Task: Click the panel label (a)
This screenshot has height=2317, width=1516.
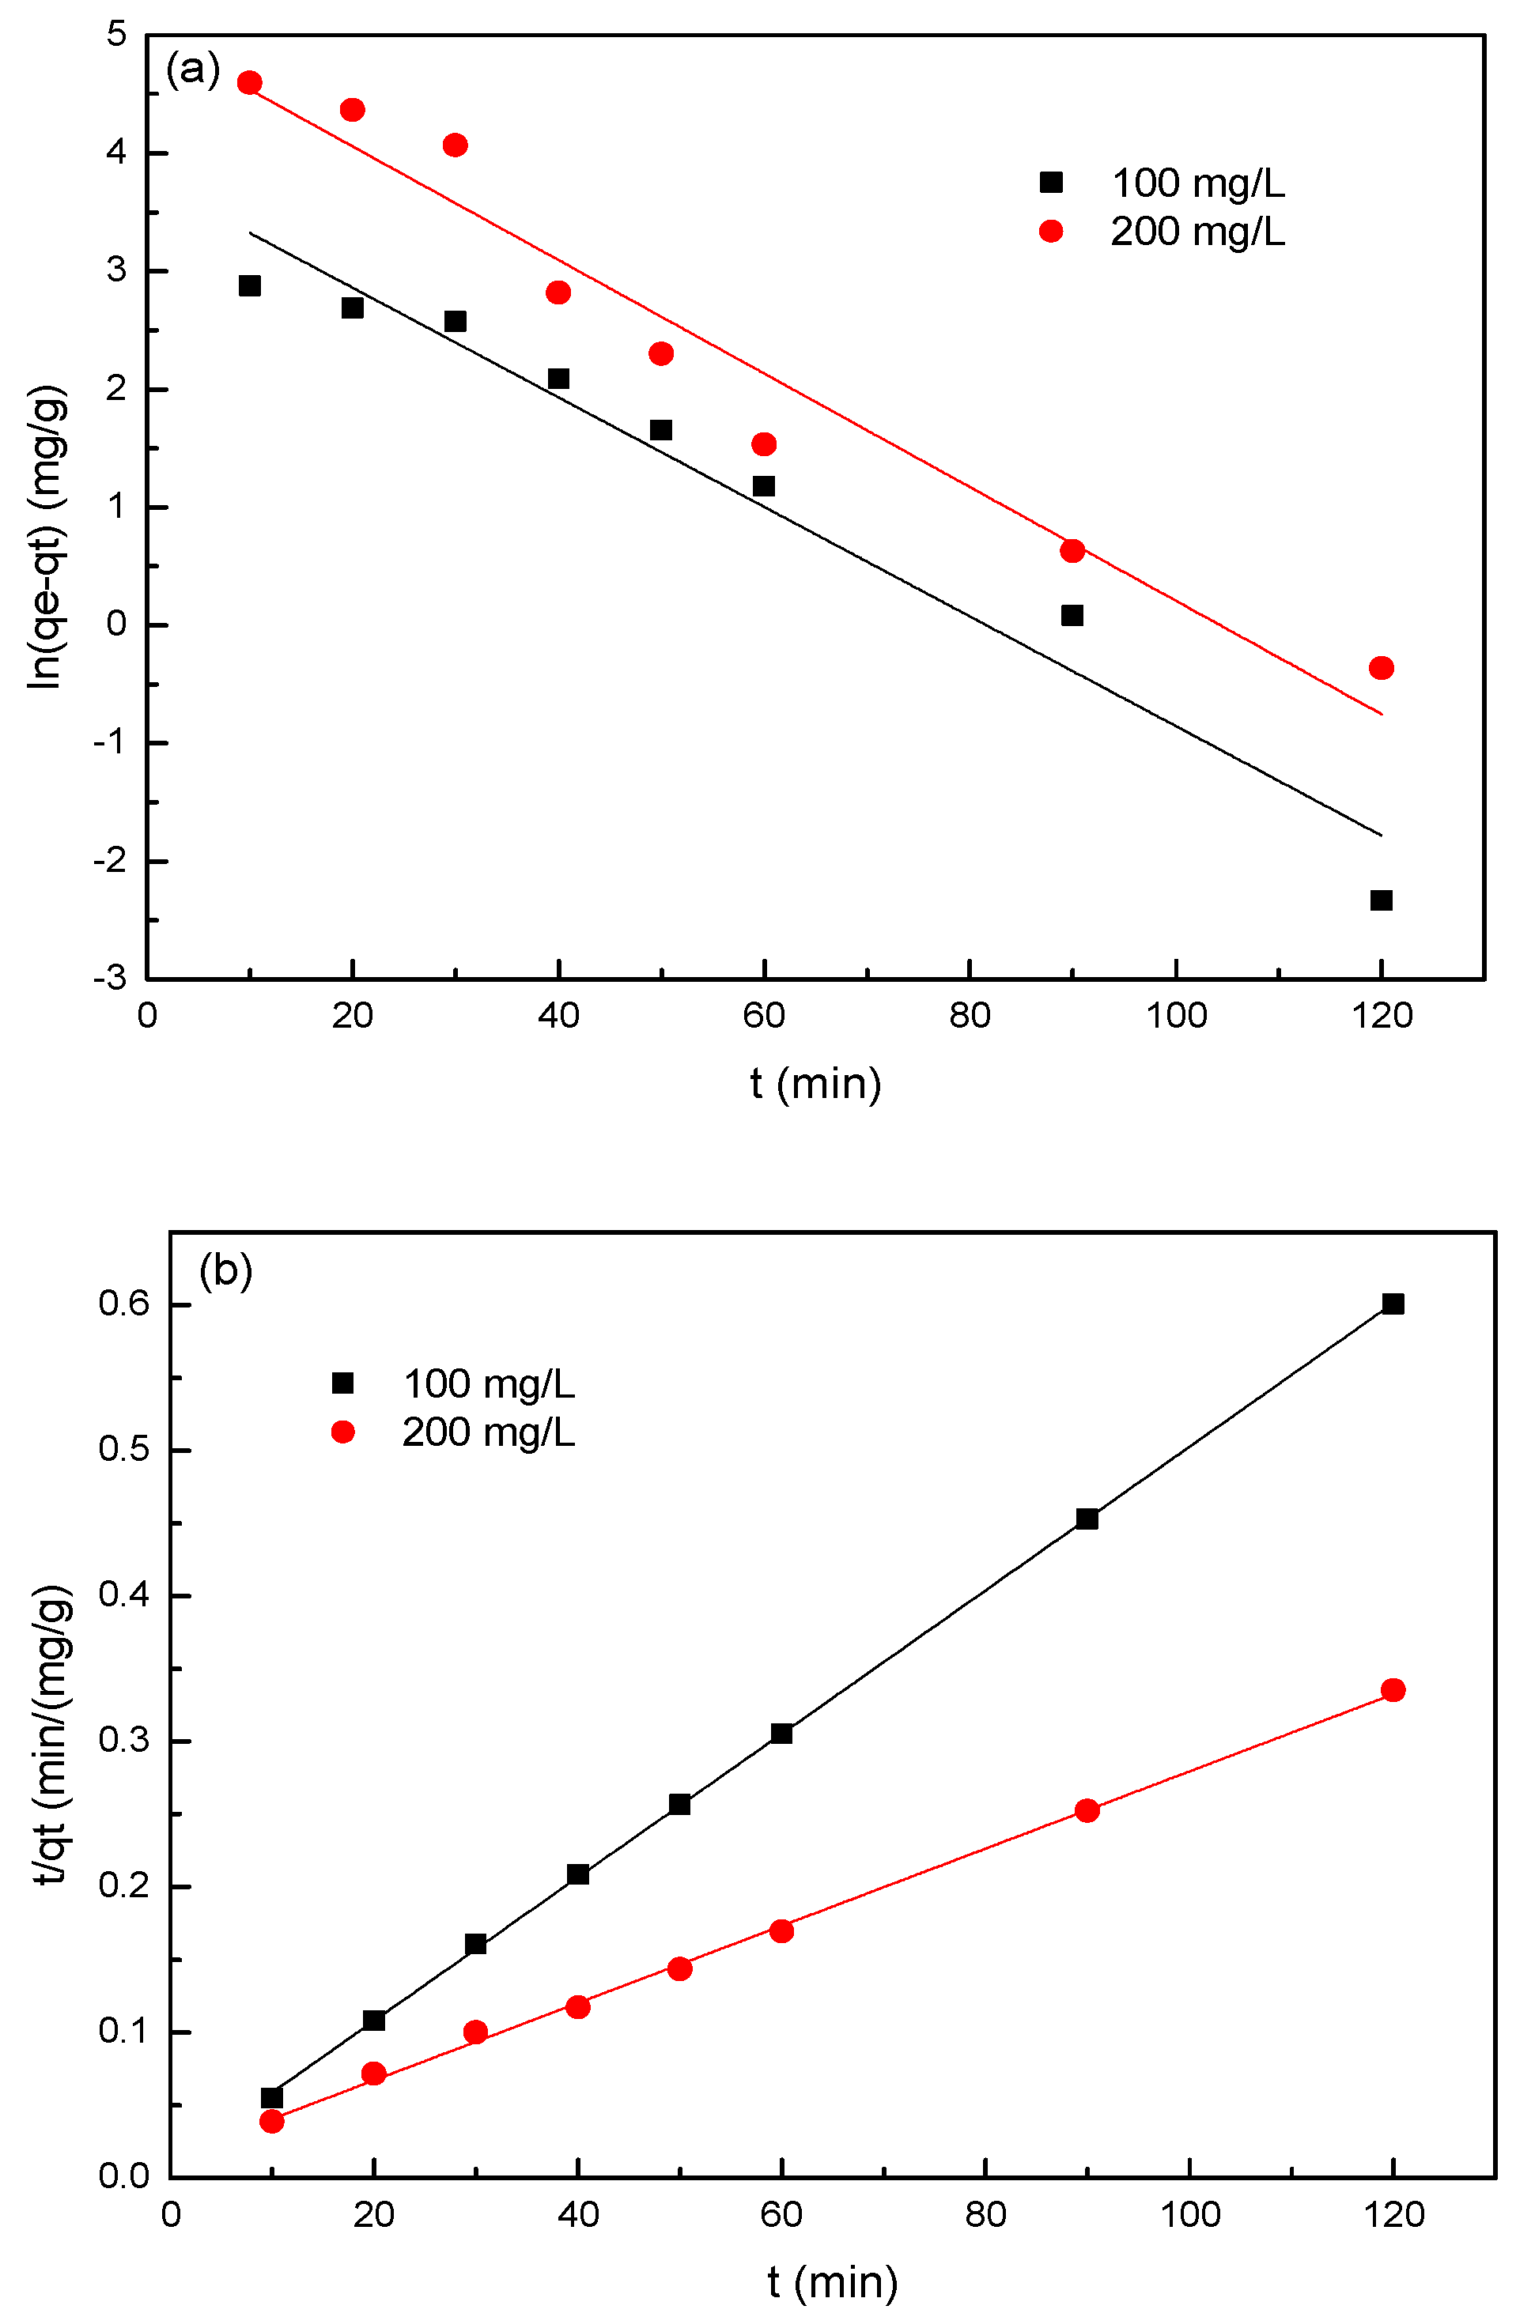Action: pos(193,70)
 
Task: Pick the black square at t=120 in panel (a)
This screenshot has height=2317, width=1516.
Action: pos(1381,900)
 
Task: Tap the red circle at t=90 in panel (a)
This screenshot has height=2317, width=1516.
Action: pos(1072,551)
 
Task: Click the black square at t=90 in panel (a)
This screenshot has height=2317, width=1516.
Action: pos(1072,615)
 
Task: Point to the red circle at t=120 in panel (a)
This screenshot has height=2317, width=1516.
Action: pos(1381,668)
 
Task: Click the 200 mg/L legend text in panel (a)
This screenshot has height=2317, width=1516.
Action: pos(1197,232)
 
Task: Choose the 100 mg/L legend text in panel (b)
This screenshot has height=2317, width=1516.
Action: pos(488,1383)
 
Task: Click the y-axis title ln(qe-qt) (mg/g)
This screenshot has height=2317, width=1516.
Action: pos(47,538)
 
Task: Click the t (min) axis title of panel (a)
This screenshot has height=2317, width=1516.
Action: pos(815,1082)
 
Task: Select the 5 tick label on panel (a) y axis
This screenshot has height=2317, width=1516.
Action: pos(117,35)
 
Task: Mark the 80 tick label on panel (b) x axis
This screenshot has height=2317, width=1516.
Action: pos(985,2216)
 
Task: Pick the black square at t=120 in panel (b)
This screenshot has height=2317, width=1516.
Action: pos(1393,1304)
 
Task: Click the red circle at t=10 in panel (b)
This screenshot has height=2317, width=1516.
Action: pos(272,2121)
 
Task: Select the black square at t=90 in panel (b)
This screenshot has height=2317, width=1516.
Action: pos(1087,1519)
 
